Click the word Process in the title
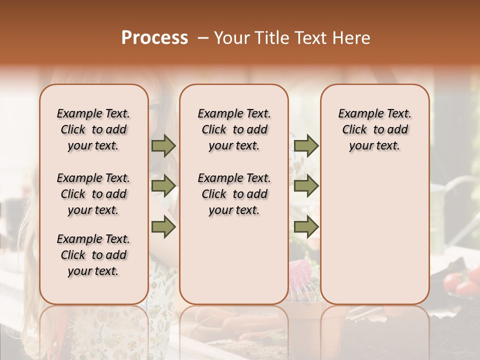point(154,38)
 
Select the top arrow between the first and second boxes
point(163,145)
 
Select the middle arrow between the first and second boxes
point(163,186)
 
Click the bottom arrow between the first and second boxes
point(163,227)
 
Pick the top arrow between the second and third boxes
point(306,145)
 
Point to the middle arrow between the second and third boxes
point(306,186)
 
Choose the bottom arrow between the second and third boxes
point(306,227)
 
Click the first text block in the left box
point(93,129)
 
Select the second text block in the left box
point(93,194)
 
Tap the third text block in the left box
point(93,255)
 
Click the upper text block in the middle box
point(234,129)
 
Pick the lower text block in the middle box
point(234,194)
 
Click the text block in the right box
point(375,129)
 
